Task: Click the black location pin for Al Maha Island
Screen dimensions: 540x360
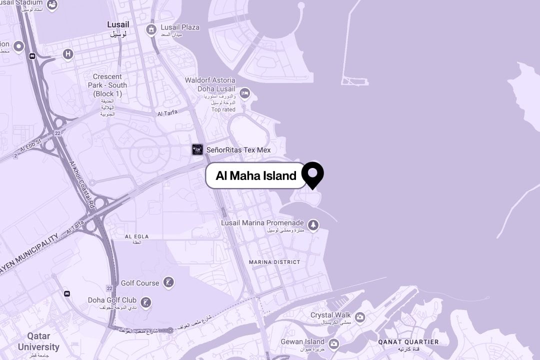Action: click(x=312, y=174)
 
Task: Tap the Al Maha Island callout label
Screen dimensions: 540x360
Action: click(x=256, y=175)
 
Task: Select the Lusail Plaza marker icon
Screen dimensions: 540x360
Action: click(x=151, y=29)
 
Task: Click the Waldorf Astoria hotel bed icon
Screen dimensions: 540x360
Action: click(x=244, y=93)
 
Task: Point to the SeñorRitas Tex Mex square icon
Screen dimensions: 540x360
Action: click(x=197, y=149)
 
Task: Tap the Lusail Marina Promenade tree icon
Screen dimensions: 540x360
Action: click(x=313, y=225)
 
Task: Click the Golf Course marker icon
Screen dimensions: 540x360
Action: click(x=169, y=282)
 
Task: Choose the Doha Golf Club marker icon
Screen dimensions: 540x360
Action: click(x=145, y=302)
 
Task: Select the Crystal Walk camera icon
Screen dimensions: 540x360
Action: click(x=359, y=316)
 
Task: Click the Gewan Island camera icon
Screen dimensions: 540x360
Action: click(x=333, y=343)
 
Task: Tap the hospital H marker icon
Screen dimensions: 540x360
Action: click(x=68, y=54)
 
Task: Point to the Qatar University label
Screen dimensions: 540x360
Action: click(x=38, y=341)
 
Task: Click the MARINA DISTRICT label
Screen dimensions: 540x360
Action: click(x=274, y=262)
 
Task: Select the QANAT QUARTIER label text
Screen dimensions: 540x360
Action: click(x=408, y=342)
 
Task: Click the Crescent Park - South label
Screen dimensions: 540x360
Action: click(x=107, y=85)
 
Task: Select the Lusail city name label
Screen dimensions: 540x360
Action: click(x=118, y=24)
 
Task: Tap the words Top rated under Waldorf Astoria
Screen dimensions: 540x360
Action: click(x=223, y=109)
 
